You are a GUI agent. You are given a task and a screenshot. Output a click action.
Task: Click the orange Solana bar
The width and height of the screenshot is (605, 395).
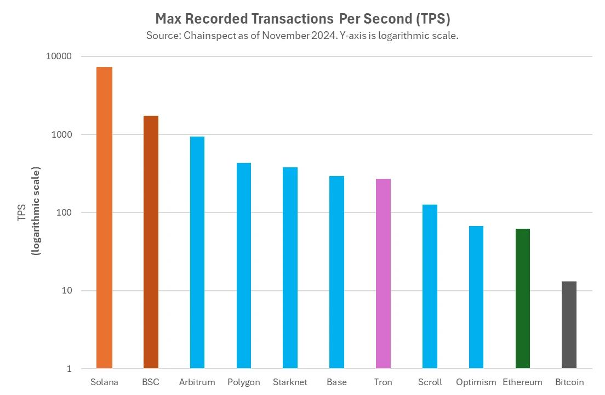pyautogui.click(x=104, y=217)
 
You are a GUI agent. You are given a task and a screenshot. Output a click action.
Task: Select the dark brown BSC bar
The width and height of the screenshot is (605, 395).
pyautogui.click(x=151, y=241)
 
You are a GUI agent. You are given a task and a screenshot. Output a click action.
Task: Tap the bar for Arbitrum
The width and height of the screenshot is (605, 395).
pyautogui.click(x=197, y=252)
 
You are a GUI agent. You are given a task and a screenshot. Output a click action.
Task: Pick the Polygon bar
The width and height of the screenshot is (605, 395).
pyautogui.click(x=244, y=266)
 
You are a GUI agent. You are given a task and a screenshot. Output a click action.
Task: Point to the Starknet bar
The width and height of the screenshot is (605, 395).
pyautogui.click(x=290, y=268)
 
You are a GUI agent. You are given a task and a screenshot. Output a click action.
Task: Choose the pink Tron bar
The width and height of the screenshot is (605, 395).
pyautogui.click(x=383, y=273)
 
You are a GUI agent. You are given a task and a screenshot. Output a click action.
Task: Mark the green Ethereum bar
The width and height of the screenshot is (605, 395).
pyautogui.click(x=523, y=298)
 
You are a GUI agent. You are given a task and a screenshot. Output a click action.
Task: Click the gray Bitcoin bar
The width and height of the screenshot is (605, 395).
pyautogui.click(x=569, y=325)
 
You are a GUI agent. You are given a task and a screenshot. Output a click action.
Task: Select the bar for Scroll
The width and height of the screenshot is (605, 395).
pyautogui.click(x=430, y=286)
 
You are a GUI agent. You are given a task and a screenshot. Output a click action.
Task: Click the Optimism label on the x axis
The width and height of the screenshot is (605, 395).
pyautogui.click(x=476, y=382)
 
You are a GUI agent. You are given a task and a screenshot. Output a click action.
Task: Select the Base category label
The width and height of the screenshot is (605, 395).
pyautogui.click(x=336, y=382)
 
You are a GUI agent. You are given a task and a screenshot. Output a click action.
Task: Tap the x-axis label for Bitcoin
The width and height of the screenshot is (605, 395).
pyautogui.click(x=569, y=382)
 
